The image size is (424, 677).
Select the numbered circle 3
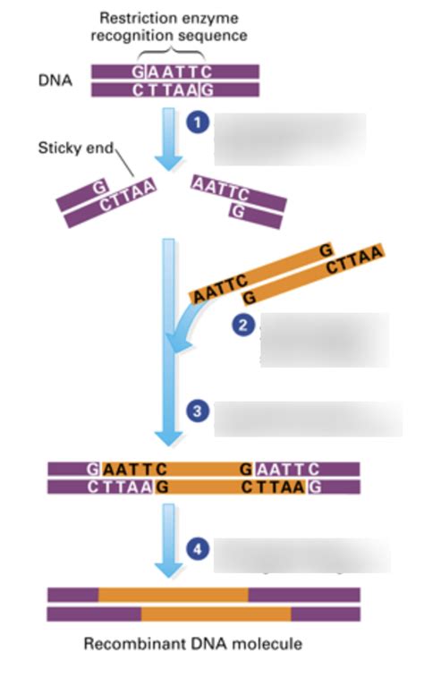click(198, 411)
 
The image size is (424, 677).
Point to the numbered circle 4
click(198, 548)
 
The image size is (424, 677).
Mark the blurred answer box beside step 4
click(301, 555)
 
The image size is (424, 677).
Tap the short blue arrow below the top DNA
click(167, 139)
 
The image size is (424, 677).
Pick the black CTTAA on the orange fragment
click(355, 262)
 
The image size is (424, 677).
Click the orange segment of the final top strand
click(173, 595)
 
